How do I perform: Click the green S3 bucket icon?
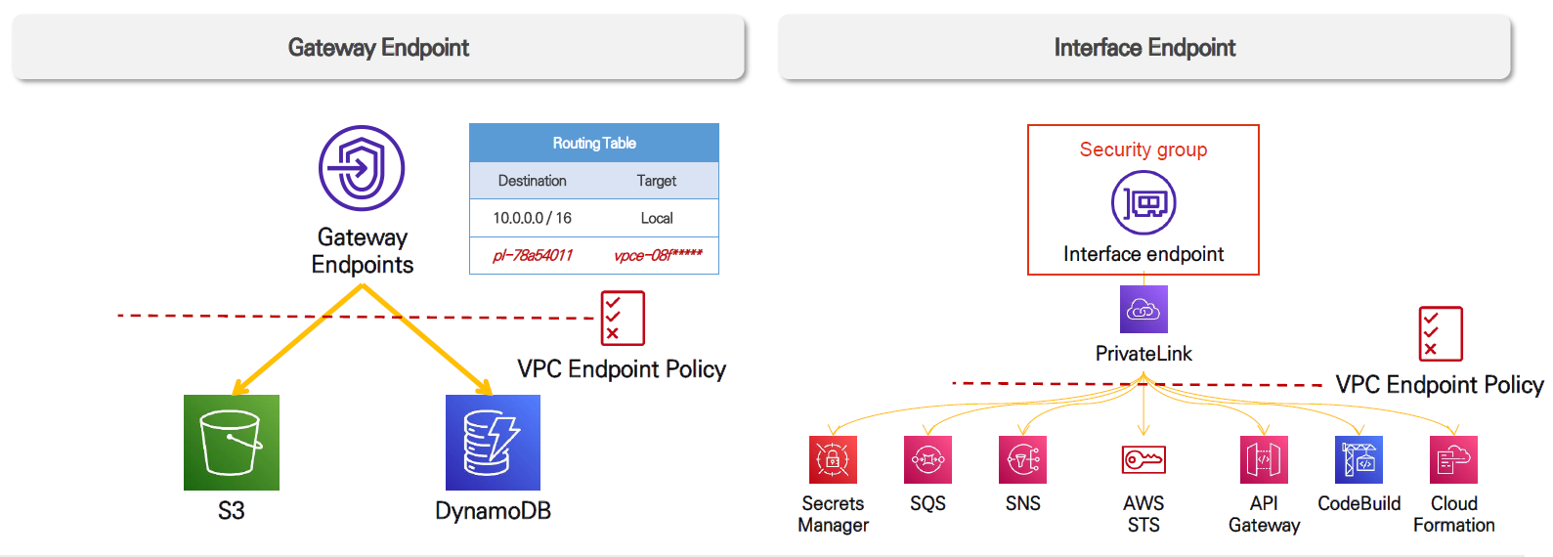tap(232, 443)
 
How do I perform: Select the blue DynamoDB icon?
tap(493, 443)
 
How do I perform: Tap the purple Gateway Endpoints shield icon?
tap(362, 168)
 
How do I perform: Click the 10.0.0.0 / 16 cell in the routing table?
tap(532, 218)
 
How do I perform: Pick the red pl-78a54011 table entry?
tap(532, 255)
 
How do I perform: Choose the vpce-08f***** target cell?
tap(658, 255)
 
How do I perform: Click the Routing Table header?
tap(594, 143)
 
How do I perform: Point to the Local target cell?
tap(657, 218)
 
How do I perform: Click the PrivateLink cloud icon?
tap(1143, 310)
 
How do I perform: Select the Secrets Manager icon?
tap(833, 459)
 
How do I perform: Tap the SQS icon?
tap(927, 459)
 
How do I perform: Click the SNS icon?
tap(1022, 459)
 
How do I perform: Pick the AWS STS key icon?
tap(1143, 459)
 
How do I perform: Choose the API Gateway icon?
tap(1264, 459)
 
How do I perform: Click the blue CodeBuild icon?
tap(1359, 459)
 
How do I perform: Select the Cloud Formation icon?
tap(1453, 459)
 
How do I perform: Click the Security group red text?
tap(1143, 150)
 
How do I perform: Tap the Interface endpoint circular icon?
tap(1143, 202)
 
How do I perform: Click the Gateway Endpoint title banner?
tap(378, 47)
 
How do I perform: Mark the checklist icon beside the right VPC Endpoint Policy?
tap(1441, 333)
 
